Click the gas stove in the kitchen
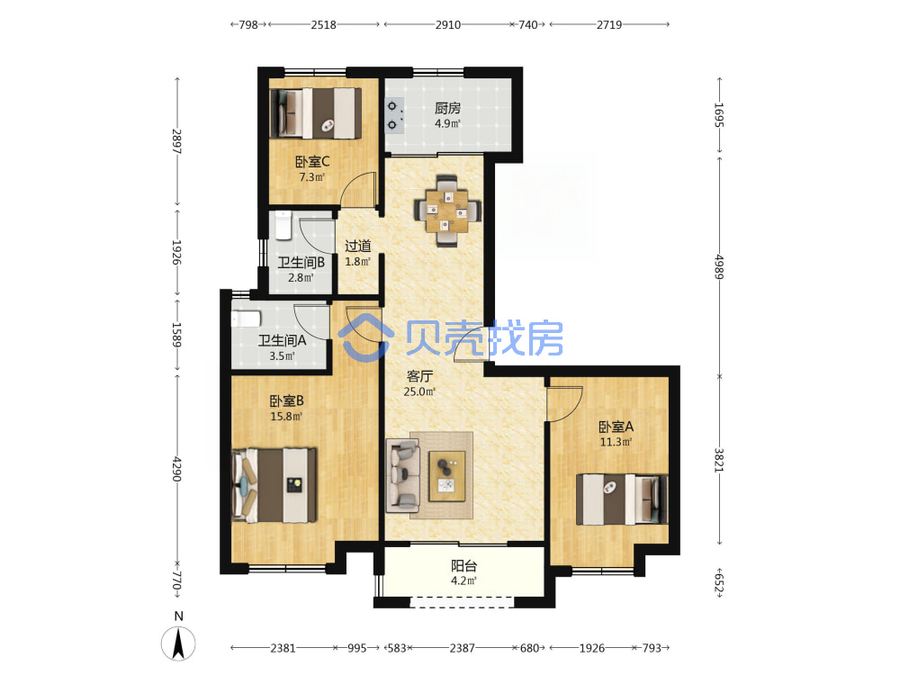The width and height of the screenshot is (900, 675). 394,115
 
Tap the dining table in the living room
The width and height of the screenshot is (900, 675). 447,211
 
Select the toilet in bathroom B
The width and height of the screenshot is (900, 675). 283,226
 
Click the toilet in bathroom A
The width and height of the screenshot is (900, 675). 246,319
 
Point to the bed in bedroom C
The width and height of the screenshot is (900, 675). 315,113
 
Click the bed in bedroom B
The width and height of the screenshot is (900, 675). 274,485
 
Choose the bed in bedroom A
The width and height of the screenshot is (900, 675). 622,499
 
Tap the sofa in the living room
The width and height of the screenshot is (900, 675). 402,475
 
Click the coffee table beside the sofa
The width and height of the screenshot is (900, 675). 447,476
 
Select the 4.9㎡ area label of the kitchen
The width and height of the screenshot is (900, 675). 447,123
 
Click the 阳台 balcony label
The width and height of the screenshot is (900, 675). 463,566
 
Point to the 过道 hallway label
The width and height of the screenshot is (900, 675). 357,246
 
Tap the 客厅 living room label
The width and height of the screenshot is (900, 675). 419,376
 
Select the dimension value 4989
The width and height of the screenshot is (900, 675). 719,266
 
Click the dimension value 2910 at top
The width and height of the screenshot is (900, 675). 447,24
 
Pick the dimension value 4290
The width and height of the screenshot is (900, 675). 176,469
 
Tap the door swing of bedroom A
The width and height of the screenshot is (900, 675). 565,403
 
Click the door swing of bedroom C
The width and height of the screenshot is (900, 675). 358,189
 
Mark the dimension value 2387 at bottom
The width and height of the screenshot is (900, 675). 462,648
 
